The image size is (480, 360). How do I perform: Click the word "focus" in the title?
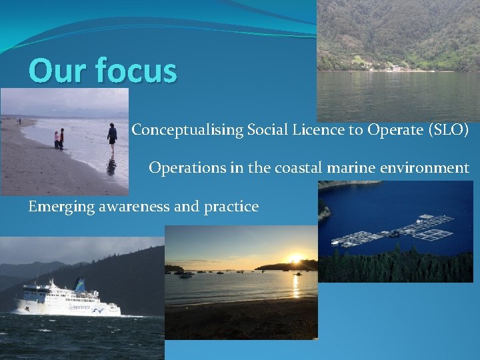coord(136,71)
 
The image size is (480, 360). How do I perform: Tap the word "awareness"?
coord(132,207)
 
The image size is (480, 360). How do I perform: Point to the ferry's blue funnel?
coord(79,285)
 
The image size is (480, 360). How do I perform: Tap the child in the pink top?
coord(57,139)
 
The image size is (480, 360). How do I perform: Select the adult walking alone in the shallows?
coord(112,138)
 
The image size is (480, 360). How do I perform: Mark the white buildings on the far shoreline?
coord(387,67)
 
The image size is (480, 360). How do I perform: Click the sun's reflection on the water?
coord(295,284)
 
